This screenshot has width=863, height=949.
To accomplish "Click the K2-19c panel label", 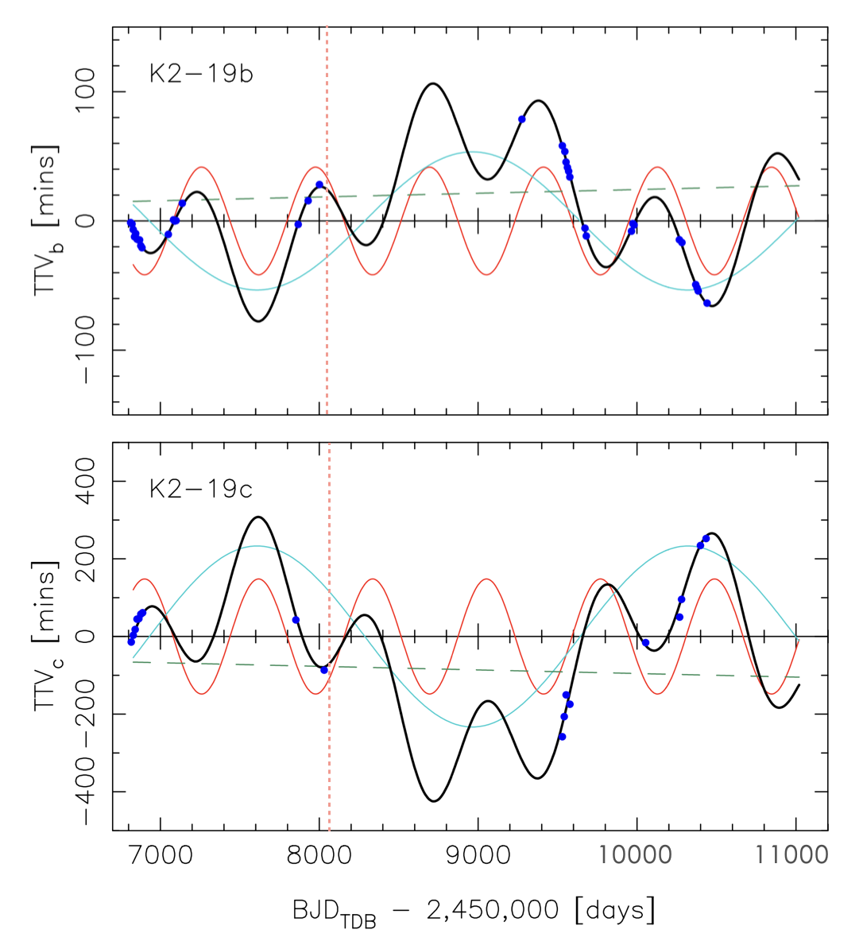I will click(201, 488).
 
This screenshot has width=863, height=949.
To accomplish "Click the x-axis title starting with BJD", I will click(474, 910).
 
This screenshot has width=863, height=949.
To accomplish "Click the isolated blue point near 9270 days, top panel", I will click(522, 119).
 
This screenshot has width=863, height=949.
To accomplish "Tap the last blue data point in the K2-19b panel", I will click(707, 303).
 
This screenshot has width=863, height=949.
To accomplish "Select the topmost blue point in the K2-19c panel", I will click(706, 538).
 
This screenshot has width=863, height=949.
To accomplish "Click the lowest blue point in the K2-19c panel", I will click(562, 737).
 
